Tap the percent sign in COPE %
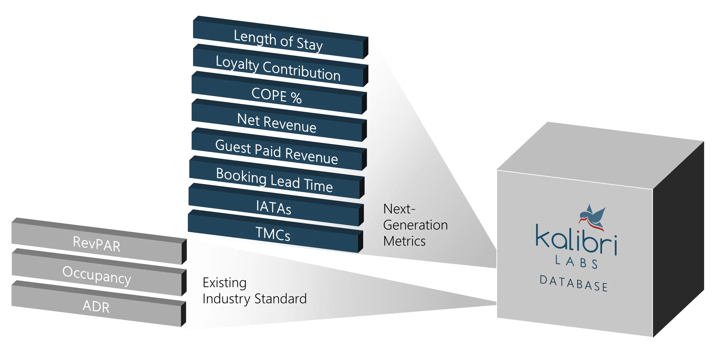[296, 98]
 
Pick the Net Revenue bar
[277, 123]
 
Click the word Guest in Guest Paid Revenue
[233, 147]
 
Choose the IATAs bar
[274, 207]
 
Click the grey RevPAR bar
[97, 244]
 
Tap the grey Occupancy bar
[97, 275]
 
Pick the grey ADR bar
[96, 306]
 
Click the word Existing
[225, 283]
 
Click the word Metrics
[404, 241]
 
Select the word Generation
[415, 225]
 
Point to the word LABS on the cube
[576, 262]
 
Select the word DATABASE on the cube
[574, 284]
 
